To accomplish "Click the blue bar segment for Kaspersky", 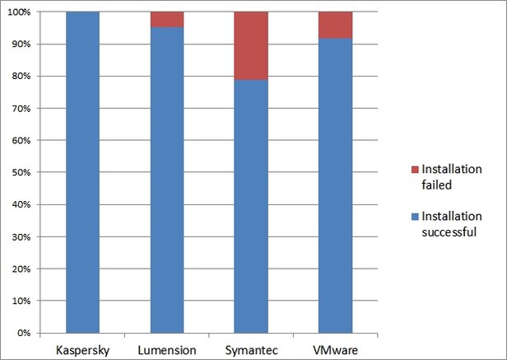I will pos(82,173).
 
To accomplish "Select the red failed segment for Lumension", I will pos(167,20).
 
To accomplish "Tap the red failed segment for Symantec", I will pos(251,46).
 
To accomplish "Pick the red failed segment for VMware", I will pos(336,26).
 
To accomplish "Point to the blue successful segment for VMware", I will pos(336,185).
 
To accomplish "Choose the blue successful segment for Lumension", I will pos(167,181).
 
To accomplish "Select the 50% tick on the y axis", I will pos(21,173).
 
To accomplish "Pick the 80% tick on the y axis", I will pos(21,77).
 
